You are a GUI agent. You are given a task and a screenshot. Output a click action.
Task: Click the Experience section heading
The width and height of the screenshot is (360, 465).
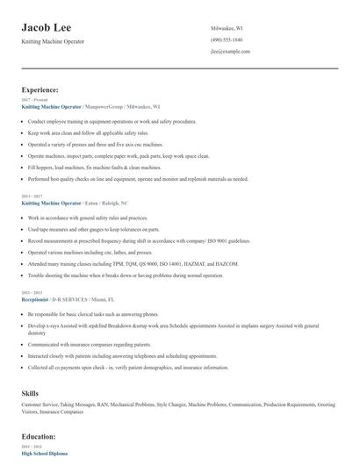click(40, 89)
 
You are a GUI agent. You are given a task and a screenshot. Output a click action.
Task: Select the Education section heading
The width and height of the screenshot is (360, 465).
click(40, 436)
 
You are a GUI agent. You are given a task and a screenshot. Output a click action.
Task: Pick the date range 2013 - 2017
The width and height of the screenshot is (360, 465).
click(32, 197)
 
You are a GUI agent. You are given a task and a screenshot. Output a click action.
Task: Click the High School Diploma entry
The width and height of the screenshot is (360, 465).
click(45, 453)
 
